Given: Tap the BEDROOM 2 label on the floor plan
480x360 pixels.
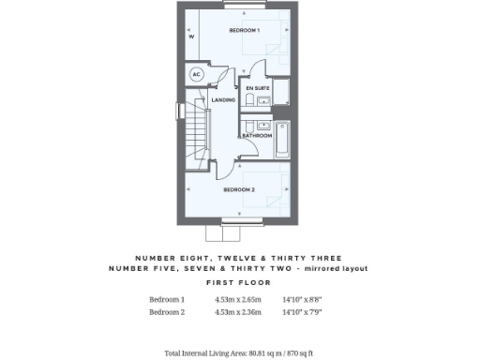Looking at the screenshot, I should pos(239,189).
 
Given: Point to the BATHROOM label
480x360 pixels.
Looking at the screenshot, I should pos(257,135).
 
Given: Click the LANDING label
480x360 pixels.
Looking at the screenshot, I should pos(223,99).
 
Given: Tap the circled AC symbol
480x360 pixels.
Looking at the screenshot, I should pos(197,74).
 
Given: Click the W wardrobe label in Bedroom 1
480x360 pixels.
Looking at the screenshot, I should pos(191,37).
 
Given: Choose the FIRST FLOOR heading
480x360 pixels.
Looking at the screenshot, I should pos(239,281).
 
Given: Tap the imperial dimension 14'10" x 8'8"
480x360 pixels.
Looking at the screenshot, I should pos(302,300).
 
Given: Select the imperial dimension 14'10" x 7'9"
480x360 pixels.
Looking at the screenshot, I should pos(302,312).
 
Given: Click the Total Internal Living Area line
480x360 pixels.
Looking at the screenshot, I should pos(239,353).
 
